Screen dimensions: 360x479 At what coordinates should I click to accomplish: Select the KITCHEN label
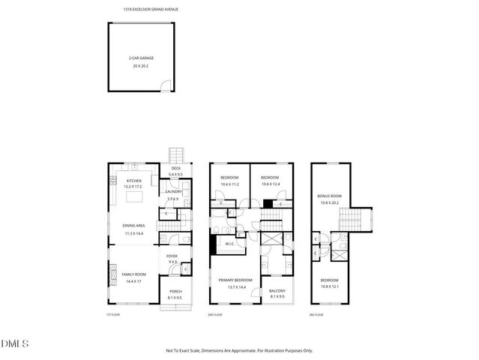133,181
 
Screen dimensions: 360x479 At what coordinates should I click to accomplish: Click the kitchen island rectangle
135,197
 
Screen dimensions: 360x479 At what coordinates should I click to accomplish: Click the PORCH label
175,292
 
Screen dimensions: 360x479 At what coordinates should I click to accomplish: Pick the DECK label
175,168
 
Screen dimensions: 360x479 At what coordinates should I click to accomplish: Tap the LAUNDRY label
174,191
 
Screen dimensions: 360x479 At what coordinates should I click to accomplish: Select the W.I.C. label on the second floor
230,242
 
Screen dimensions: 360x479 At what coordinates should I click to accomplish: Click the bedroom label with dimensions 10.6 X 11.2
229,177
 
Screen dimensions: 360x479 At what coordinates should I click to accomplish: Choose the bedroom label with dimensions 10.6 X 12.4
270,177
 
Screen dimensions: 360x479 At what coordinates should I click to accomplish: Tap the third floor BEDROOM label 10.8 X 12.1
330,280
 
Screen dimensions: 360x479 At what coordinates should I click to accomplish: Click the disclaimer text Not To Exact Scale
239,350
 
